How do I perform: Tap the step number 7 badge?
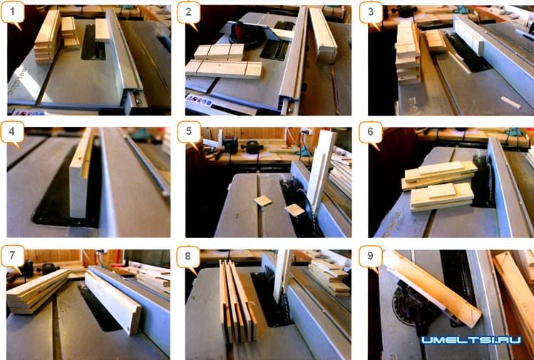[x=13, y=256]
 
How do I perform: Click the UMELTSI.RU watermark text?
[x=471, y=339]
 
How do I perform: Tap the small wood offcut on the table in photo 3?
[x=510, y=102]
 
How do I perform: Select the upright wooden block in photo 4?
[x=81, y=174]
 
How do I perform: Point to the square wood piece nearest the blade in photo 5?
[x=295, y=210]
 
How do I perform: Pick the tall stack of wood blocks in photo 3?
[x=408, y=53]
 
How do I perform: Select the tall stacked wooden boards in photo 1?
[x=48, y=36]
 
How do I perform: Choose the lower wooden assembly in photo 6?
[x=442, y=197]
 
